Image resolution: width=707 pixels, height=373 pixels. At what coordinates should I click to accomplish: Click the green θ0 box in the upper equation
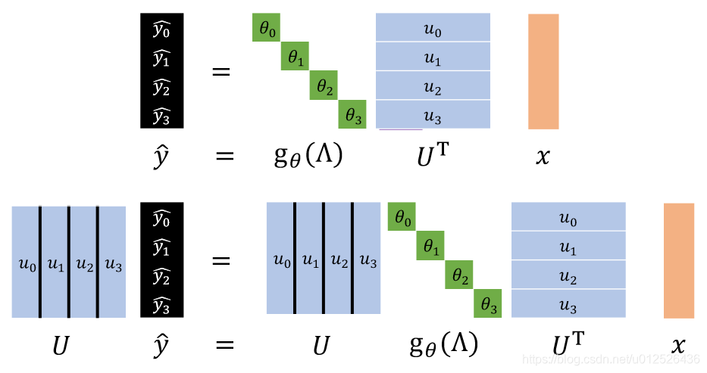(267, 29)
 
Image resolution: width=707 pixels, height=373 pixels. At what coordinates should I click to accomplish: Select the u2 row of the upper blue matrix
(433, 88)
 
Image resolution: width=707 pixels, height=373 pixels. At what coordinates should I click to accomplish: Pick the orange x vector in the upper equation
(543, 71)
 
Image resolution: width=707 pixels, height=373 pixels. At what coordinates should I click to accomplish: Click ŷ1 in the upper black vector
(161, 58)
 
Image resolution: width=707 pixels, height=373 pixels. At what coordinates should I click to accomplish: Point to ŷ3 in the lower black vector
(161, 305)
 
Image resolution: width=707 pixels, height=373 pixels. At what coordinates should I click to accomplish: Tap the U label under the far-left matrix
(61, 346)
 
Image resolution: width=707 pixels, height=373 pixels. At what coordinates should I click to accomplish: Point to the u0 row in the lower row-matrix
(568, 218)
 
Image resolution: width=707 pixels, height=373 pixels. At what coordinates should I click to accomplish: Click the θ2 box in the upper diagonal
(324, 86)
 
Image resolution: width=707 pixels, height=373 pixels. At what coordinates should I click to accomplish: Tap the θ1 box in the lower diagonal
(430, 246)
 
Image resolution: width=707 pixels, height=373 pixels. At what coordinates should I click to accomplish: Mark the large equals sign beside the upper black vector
(221, 72)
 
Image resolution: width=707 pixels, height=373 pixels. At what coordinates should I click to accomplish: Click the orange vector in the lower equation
(679, 260)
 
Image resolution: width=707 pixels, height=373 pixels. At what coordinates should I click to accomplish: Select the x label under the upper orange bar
(543, 157)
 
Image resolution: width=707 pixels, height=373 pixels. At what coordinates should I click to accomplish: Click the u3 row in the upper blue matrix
(433, 117)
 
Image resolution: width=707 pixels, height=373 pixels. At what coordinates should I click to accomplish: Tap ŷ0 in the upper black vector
(161, 30)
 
